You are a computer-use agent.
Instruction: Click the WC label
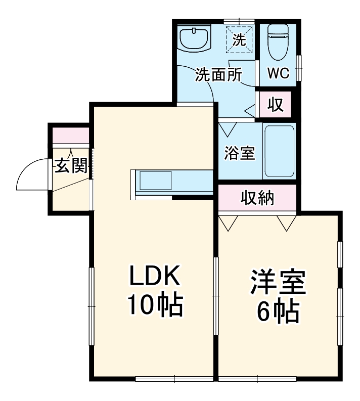pyautogui.click(x=278, y=73)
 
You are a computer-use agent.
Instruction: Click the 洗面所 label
pyautogui.click(x=218, y=75)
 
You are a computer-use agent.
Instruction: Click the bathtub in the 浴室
pyautogui.click(x=279, y=151)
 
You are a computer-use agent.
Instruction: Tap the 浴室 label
pyautogui.click(x=239, y=153)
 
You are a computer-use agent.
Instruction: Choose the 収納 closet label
pyautogui.click(x=257, y=198)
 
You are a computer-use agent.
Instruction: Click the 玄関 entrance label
pyautogui.click(x=71, y=166)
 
